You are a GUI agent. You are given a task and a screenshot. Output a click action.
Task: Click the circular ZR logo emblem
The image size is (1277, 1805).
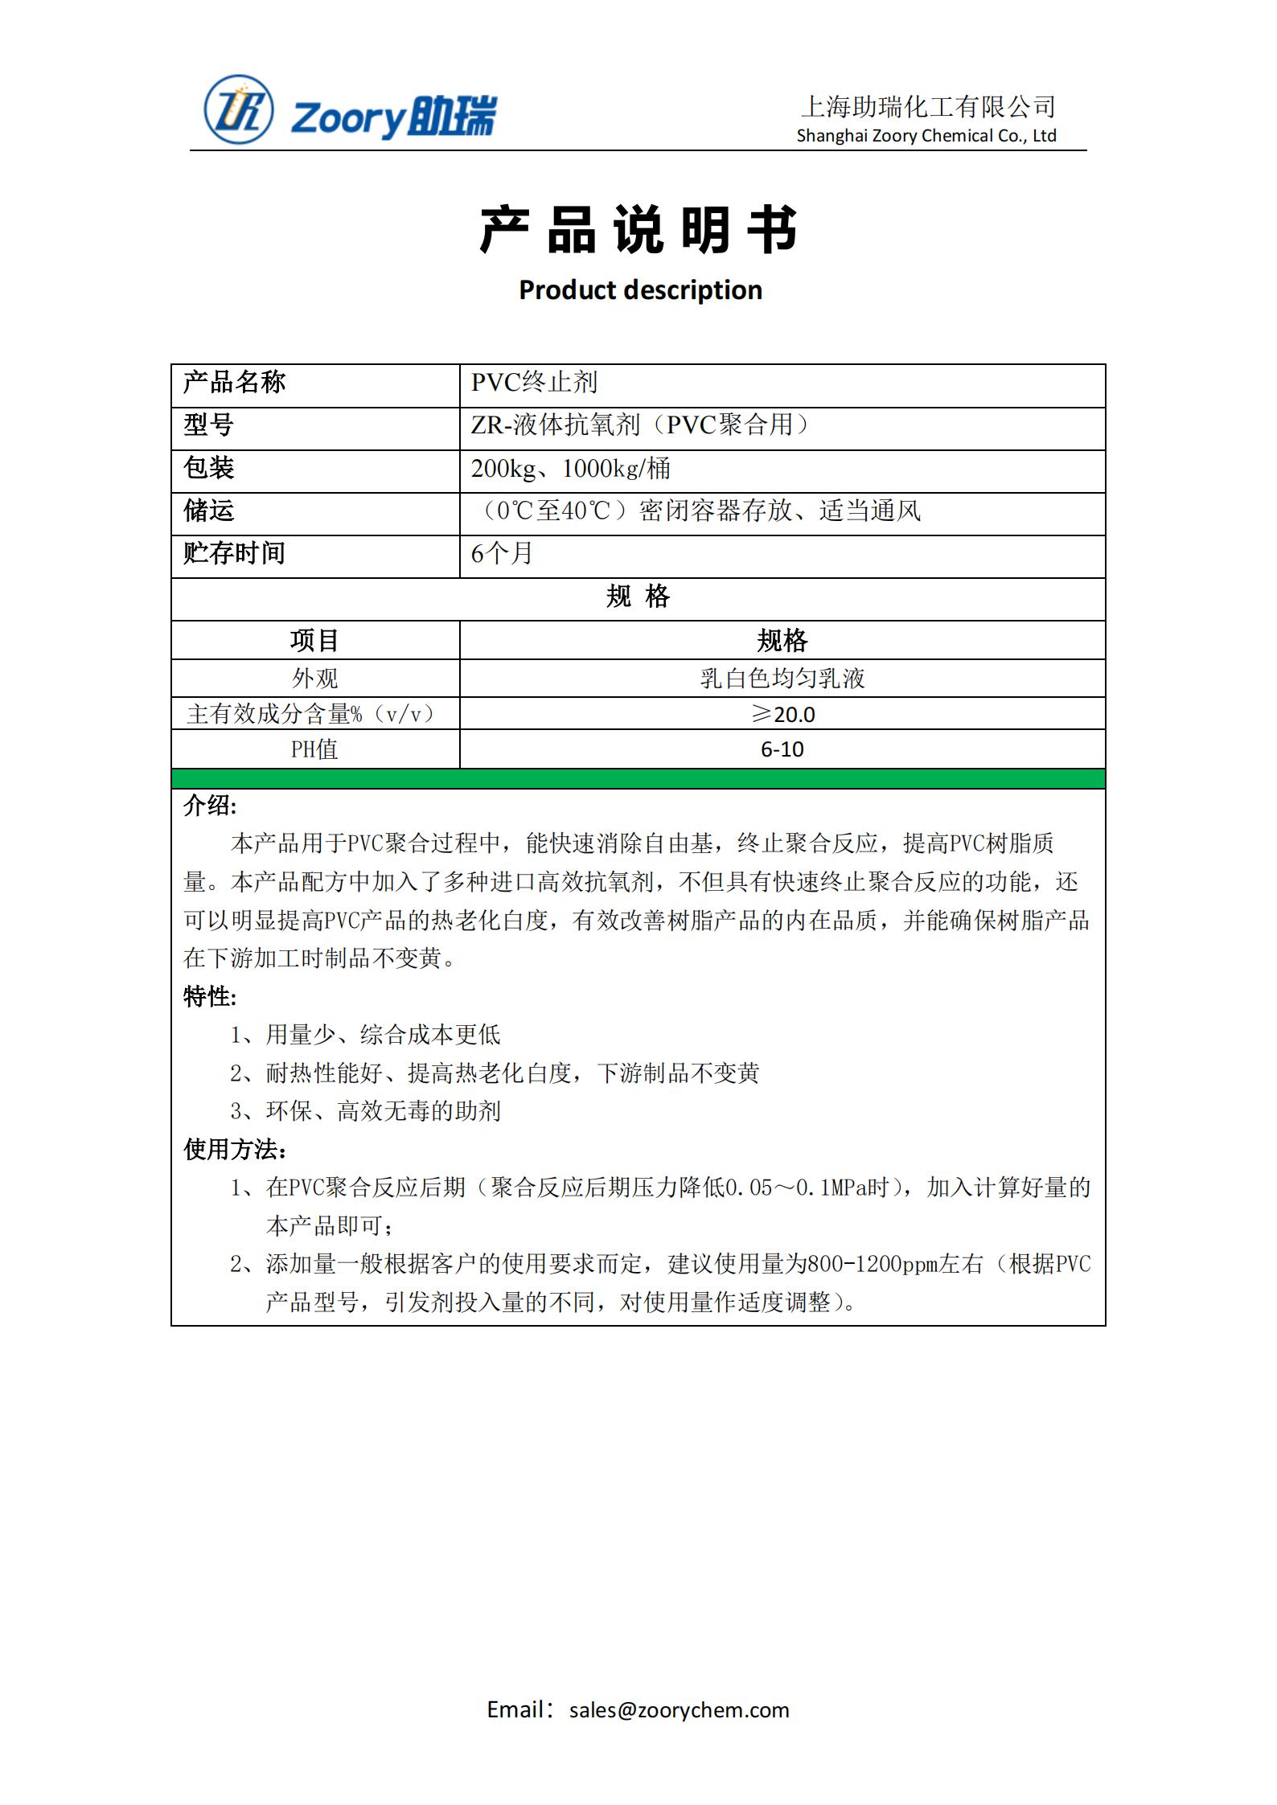pos(238,110)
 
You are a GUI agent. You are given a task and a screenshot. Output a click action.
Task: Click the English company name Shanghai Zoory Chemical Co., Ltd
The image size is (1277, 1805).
pos(926,136)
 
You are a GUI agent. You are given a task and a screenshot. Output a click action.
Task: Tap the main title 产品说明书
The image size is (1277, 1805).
pos(638,230)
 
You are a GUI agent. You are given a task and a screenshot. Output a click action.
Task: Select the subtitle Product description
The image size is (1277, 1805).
pos(640,289)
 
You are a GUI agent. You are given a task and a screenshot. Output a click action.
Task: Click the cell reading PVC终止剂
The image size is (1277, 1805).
pos(534,383)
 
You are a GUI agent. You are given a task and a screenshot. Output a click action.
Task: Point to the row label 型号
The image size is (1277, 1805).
pos(208,425)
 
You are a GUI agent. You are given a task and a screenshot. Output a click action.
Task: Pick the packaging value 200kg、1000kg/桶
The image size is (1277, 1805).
pos(570,468)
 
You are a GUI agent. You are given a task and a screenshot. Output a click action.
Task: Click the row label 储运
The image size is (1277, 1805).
pos(208,511)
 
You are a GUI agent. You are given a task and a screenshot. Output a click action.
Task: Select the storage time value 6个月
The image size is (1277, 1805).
pos(502,553)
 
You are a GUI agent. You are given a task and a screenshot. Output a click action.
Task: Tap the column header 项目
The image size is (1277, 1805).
pos(314,640)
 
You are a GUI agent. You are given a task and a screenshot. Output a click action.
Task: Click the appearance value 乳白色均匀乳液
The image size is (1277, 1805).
pos(782,678)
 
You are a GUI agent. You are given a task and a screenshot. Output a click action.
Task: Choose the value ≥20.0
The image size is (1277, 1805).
pos(782,714)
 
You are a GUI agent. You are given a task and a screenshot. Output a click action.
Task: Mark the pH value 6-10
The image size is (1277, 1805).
pos(782,749)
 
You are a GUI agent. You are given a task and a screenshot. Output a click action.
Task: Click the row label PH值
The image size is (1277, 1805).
pos(314,749)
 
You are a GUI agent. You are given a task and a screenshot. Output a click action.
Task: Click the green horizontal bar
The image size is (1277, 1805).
pos(638,778)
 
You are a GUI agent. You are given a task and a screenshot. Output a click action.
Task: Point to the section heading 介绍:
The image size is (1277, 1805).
pos(210,806)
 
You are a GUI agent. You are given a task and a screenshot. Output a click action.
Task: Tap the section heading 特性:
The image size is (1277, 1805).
pos(210,997)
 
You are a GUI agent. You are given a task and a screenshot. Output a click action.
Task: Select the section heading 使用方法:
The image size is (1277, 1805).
pos(235,1150)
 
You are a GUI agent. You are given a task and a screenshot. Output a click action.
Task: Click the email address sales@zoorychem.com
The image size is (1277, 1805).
pos(679,1710)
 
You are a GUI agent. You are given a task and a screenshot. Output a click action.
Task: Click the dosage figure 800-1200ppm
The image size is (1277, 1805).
pos(872,1265)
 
